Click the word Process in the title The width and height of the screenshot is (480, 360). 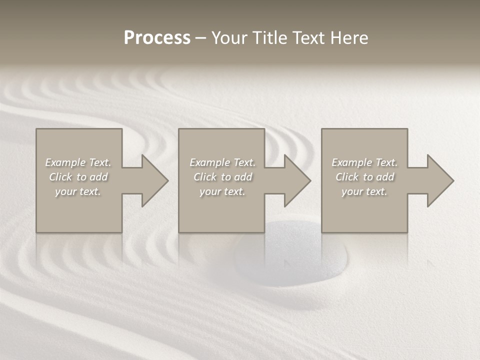pos(157,38)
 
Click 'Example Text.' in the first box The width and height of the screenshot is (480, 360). pos(78,162)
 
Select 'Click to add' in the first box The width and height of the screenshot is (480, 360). pos(78,177)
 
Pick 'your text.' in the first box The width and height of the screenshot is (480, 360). pos(78,191)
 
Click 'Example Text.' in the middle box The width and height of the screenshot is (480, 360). pos(222,162)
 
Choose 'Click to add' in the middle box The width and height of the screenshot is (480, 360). pos(222,177)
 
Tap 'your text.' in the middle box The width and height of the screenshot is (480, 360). pos(222,191)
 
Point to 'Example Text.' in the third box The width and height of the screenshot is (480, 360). pos(364,162)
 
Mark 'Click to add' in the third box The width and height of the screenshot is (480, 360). pos(364,177)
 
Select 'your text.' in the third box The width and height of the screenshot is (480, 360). pos(364,191)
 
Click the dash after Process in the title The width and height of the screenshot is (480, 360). pos(200,38)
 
